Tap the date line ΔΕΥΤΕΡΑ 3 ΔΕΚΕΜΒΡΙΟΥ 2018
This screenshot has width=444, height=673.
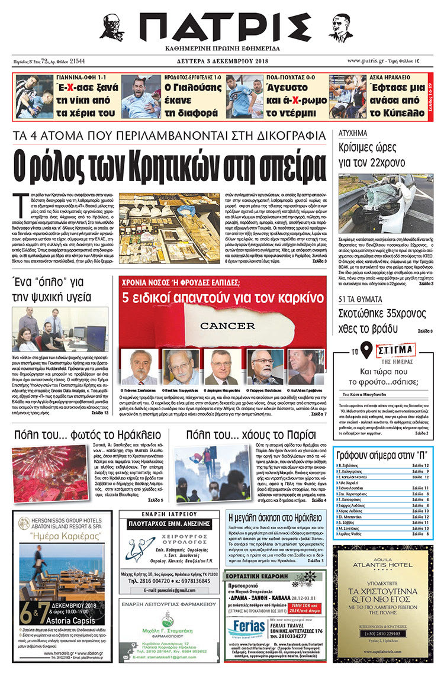coord(222,61)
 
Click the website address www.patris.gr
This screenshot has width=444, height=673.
coord(367,61)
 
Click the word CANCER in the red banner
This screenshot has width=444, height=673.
coord(227,326)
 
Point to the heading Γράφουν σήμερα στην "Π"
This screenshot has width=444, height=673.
coord(382,456)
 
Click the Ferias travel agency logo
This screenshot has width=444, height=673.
coord(244,627)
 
